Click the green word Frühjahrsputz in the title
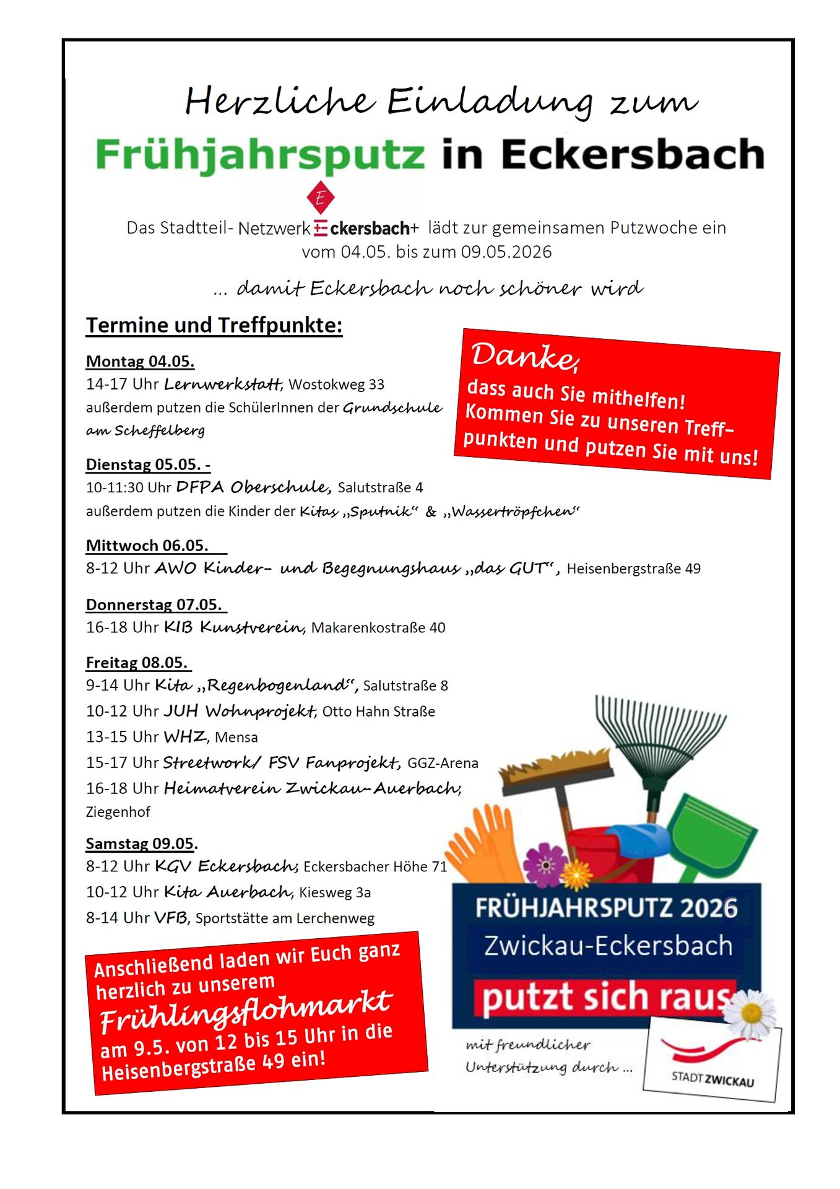tap(260, 155)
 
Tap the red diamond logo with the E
tap(320, 198)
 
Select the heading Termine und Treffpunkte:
tap(214, 325)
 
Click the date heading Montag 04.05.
tap(140, 361)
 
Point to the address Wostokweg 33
tap(336, 385)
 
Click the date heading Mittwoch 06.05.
tap(147, 546)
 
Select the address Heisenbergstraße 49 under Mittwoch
tap(633, 568)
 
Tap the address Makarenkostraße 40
tap(378, 628)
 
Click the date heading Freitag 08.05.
tap(137, 663)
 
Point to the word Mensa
tap(236, 738)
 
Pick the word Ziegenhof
tap(118, 812)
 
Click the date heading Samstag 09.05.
tap(141, 843)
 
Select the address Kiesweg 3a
tap(334, 892)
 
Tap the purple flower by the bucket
tap(545, 863)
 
